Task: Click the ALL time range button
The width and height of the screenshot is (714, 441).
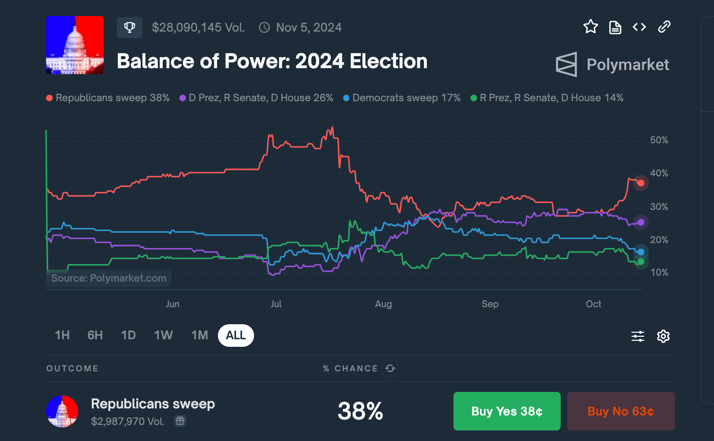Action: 236,335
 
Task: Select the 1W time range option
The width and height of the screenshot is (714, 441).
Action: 163,335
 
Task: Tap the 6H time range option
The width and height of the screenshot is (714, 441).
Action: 95,335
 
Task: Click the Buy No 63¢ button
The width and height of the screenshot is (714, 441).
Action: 621,411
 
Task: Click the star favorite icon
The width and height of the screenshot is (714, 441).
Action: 591,27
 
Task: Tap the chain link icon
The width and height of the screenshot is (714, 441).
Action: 664,27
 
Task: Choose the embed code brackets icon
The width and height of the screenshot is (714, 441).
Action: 639,27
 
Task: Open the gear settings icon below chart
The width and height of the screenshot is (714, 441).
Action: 663,336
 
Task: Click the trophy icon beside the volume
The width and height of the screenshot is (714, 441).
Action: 129,28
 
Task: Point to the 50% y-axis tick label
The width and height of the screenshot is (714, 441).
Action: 659,140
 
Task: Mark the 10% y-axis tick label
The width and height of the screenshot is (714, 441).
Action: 659,272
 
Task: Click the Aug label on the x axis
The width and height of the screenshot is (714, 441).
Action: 383,304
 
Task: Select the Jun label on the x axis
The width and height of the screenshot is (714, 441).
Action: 172,304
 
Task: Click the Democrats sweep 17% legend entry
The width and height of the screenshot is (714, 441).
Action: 402,98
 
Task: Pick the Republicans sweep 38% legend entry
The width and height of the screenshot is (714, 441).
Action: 108,98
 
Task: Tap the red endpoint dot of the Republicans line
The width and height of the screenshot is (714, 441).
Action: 641,183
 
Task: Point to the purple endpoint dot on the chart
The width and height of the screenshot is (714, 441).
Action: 641,222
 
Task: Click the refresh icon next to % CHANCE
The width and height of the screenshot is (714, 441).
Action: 390,368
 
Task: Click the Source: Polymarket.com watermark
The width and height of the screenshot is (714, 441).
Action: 109,278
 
